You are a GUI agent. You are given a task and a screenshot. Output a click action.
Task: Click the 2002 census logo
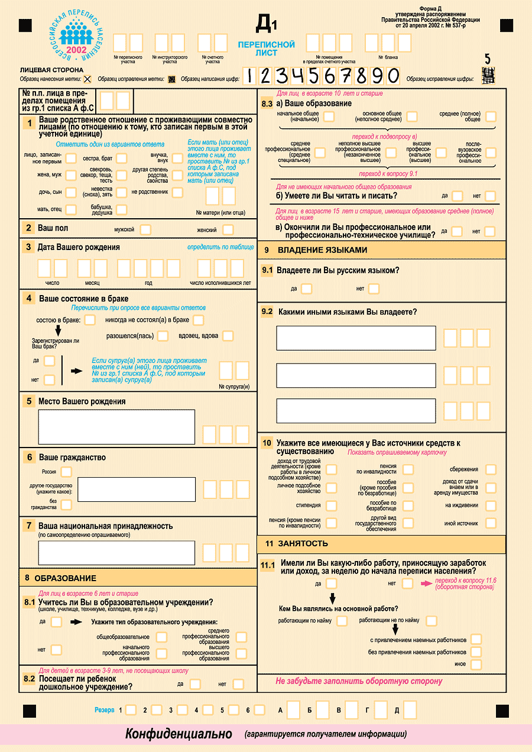click(77, 37)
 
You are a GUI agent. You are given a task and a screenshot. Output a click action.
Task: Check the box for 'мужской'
click(145, 229)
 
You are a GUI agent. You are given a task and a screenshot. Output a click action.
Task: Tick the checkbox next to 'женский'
click(228, 229)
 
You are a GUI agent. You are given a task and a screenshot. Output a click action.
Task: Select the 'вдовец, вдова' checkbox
click(228, 336)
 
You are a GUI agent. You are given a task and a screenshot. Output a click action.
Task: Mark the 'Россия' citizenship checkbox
click(66, 472)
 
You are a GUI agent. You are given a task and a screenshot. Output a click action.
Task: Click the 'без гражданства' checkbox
click(66, 504)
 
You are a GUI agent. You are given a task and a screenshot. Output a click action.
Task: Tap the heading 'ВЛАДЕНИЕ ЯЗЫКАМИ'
click(323, 250)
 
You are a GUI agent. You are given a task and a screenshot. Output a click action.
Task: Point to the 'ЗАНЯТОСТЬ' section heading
click(305, 543)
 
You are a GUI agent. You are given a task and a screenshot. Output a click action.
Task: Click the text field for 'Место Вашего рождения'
click(116, 427)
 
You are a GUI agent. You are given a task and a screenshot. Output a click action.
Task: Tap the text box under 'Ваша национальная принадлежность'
click(116, 553)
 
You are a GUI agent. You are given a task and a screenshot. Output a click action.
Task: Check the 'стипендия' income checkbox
click(331, 505)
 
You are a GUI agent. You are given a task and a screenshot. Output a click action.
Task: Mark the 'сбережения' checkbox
click(491, 469)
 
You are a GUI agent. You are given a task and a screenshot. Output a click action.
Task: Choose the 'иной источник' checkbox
click(491, 523)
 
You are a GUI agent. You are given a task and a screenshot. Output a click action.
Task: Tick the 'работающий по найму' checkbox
click(342, 621)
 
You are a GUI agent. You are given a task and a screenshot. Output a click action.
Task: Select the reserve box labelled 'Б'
click(322, 709)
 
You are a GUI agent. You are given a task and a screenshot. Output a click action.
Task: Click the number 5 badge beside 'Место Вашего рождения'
click(29, 401)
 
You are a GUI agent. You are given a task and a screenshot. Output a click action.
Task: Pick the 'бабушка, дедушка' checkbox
click(122, 209)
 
